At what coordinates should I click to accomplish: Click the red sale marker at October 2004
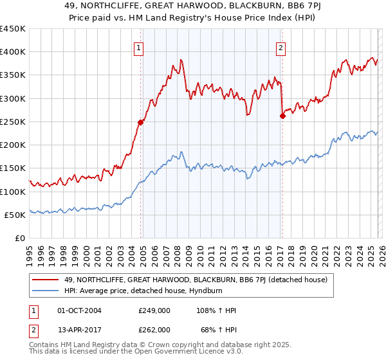pyautogui.click(x=140, y=122)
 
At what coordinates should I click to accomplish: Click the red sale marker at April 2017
pyautogui.click(x=282, y=116)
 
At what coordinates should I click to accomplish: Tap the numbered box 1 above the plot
pyautogui.click(x=140, y=46)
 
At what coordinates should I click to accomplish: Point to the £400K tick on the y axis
pyautogui.click(x=12, y=52)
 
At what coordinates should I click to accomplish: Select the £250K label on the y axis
pyautogui.click(x=12, y=122)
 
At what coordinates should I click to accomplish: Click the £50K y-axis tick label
pyautogui.click(x=15, y=215)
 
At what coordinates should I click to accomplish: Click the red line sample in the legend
pyautogui.click(x=46, y=280)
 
